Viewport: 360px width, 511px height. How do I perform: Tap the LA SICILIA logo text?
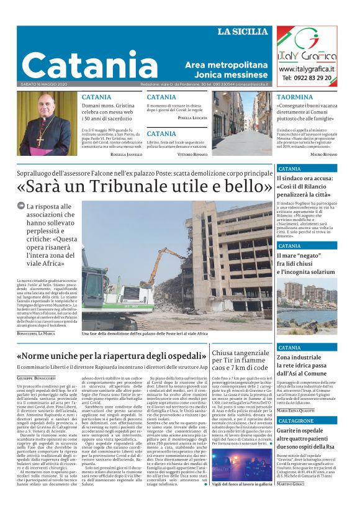[x=243, y=32]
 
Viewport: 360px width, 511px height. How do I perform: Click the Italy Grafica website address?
[x=307, y=69]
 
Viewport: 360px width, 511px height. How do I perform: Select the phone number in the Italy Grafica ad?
[x=307, y=78]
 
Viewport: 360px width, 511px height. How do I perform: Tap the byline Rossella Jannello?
[x=125, y=153]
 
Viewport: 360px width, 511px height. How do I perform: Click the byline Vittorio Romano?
[x=193, y=153]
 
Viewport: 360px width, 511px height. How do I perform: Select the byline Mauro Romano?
[x=323, y=153]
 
